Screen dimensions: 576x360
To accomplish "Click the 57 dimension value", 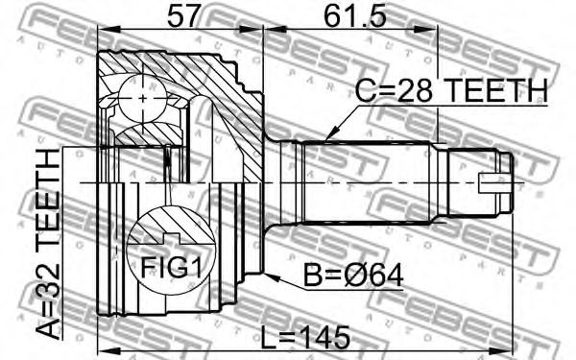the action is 183,15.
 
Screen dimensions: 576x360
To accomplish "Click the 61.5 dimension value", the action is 355,15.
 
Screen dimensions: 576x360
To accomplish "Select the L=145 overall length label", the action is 304,338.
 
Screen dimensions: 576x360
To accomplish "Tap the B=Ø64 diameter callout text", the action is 353,276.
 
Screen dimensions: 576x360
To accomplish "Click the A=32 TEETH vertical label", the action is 49,244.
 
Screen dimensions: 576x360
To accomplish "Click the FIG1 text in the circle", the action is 172,267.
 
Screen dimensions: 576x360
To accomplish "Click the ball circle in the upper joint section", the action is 142,99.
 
